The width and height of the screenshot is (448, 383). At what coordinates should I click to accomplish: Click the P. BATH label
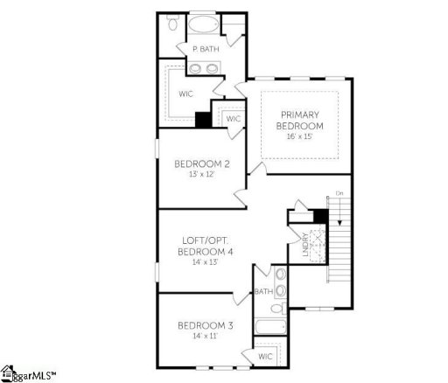click(x=206, y=49)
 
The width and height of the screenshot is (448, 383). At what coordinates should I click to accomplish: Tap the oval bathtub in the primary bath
click(x=206, y=23)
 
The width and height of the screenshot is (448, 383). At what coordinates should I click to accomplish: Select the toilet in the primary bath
click(x=173, y=25)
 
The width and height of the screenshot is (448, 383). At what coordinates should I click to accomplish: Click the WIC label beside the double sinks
click(x=185, y=93)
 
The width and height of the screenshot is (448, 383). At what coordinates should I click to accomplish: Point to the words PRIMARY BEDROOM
click(x=299, y=120)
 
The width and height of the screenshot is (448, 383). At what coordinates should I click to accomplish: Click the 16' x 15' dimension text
click(x=299, y=137)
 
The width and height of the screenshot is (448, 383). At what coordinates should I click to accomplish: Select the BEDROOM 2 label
click(x=201, y=164)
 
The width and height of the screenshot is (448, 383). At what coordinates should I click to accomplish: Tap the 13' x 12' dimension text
click(x=201, y=174)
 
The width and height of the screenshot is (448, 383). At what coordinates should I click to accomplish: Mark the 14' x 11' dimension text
click(x=204, y=337)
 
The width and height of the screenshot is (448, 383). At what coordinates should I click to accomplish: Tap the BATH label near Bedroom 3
click(x=262, y=292)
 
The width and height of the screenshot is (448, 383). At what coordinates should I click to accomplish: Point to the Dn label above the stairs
click(x=339, y=192)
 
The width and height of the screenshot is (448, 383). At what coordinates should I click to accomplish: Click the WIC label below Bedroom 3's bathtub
click(x=265, y=357)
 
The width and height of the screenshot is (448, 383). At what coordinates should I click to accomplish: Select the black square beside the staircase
click(x=320, y=216)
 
